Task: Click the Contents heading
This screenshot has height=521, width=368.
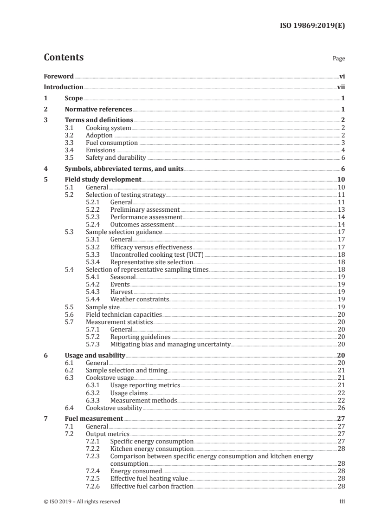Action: (64, 58)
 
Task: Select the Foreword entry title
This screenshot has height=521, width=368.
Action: (58, 76)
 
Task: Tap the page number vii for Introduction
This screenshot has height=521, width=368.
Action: (341, 87)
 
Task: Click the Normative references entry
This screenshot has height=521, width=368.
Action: (98, 110)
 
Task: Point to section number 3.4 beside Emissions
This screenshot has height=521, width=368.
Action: (69, 150)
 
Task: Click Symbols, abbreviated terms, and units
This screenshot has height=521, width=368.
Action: (124, 169)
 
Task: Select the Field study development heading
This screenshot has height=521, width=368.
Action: (103, 180)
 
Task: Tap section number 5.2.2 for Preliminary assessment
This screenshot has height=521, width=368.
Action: (95, 209)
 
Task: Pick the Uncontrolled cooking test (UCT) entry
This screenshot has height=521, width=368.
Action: (157, 254)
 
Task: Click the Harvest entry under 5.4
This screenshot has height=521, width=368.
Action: (121, 292)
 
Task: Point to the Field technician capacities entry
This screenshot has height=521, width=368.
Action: (124, 314)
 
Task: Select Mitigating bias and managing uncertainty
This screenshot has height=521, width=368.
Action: (170, 344)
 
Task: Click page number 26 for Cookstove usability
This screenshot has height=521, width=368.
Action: (341, 408)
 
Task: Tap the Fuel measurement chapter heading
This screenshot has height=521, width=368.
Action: (93, 418)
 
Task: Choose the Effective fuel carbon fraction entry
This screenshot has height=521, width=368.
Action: (152, 486)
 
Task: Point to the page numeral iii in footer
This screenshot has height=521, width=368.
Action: (342, 501)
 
